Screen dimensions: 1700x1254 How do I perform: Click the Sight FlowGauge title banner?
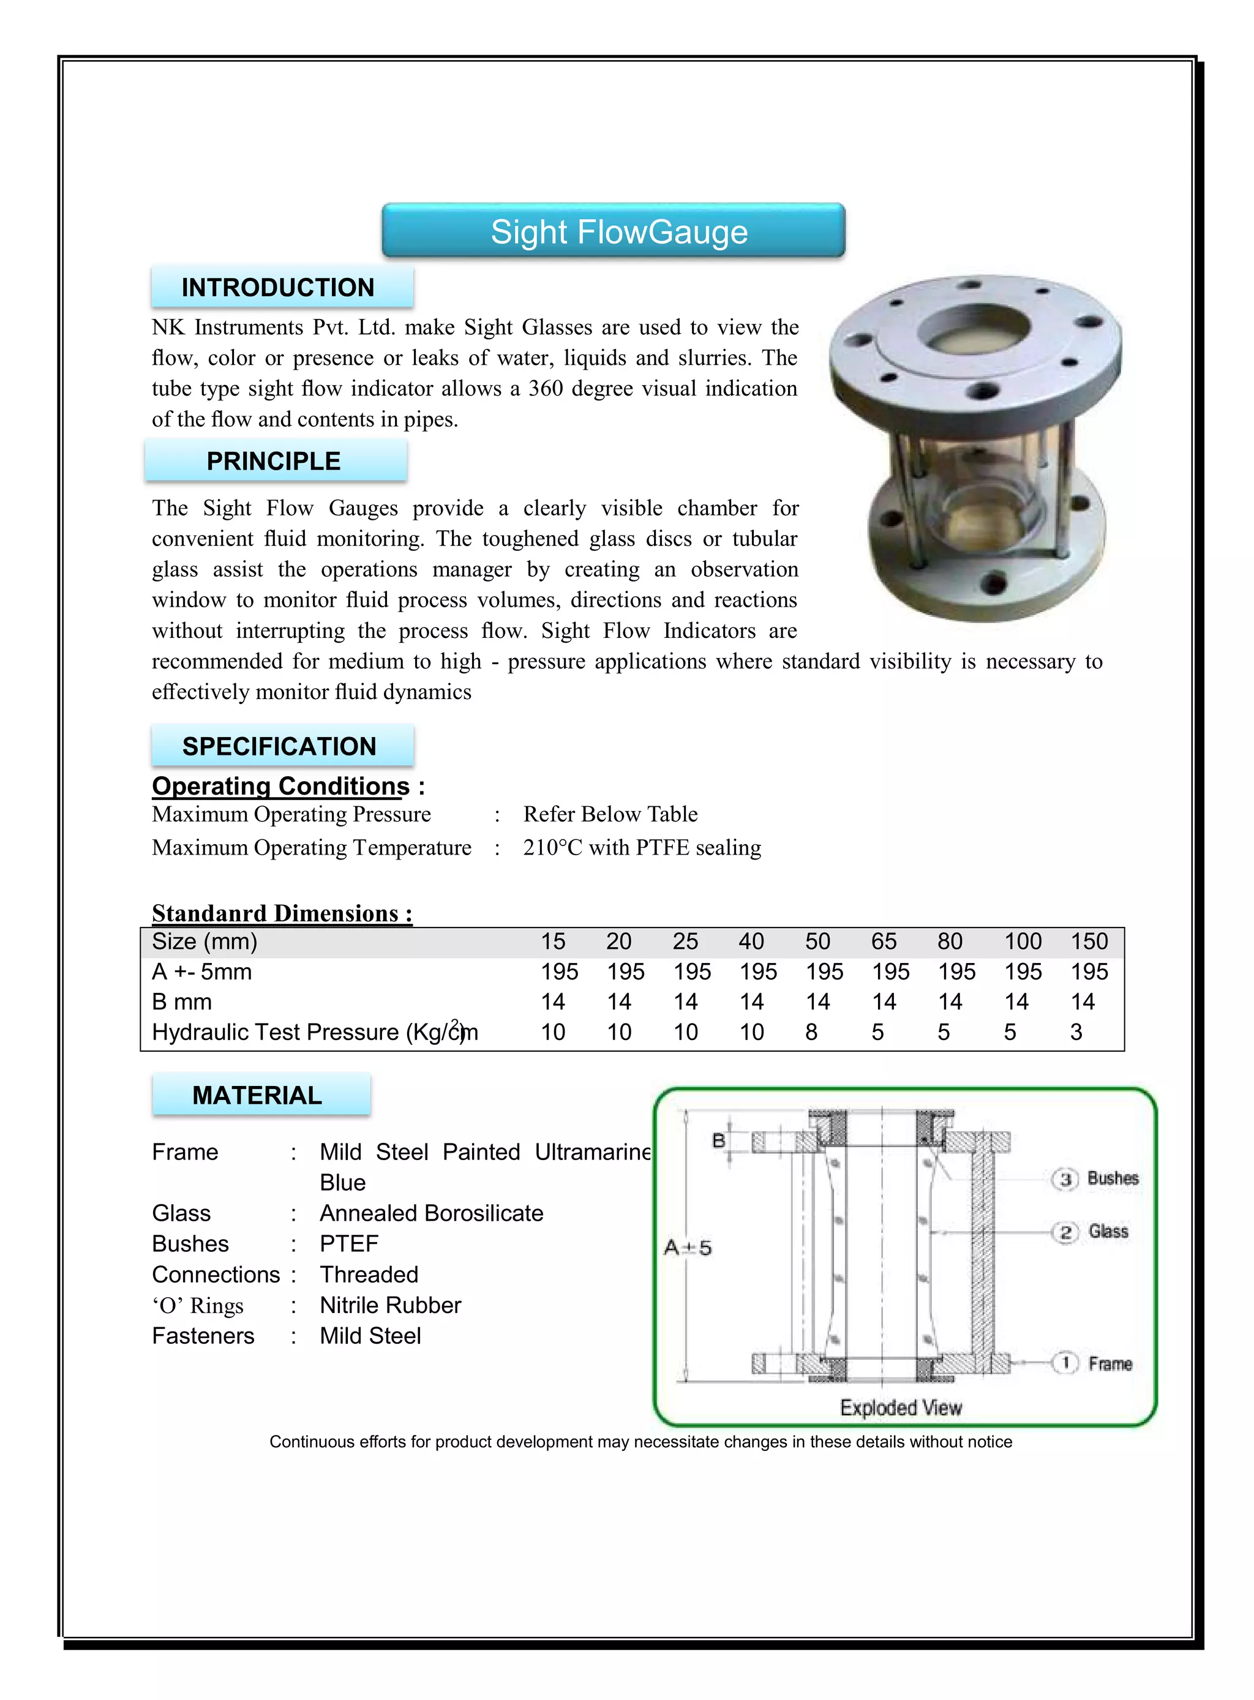tap(614, 231)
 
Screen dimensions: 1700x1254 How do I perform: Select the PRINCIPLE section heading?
tap(275, 461)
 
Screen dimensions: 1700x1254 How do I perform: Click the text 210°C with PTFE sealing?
tap(642, 847)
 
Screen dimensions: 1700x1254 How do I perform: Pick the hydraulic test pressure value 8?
tap(811, 1032)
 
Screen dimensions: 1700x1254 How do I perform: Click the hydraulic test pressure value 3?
tap(1076, 1032)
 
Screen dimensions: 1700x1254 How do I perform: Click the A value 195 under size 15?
tap(560, 972)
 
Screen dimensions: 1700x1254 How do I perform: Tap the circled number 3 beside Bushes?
tap(1064, 1178)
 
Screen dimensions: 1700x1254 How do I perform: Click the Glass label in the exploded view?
tap(1108, 1231)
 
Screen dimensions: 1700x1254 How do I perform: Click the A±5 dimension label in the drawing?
tap(688, 1248)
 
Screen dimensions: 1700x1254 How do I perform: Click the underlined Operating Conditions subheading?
tap(281, 785)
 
